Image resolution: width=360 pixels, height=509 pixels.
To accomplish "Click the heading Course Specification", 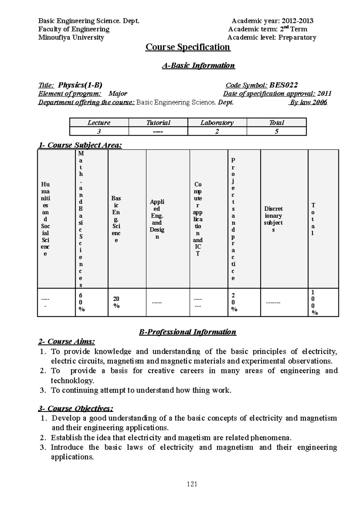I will click(188, 47).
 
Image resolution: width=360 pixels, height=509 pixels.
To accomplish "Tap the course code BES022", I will click(283, 85).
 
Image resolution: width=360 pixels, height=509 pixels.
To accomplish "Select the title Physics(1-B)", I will click(80, 85).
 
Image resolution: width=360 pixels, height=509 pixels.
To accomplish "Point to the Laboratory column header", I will click(217, 123).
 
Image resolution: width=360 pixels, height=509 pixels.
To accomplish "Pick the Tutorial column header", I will click(158, 123).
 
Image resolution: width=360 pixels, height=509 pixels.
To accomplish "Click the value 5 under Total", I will click(277, 131).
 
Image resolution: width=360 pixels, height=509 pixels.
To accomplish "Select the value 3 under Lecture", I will click(99, 131).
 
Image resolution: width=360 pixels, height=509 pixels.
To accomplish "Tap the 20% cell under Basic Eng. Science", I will click(116, 302).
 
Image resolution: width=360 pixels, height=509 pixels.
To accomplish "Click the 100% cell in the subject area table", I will click(313, 302).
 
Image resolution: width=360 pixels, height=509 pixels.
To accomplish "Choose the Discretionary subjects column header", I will click(273, 219).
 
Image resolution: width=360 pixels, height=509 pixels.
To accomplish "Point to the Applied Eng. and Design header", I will click(157, 219).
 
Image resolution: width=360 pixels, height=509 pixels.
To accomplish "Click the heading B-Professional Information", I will click(187, 332).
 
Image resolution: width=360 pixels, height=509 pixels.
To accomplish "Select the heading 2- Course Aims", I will click(67, 341).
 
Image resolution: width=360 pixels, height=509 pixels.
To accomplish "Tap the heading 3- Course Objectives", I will click(76, 409).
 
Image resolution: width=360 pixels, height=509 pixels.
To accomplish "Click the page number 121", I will click(192, 484).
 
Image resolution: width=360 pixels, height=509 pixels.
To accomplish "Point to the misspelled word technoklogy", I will click(72, 381).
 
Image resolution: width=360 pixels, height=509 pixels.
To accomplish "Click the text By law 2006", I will click(308, 102).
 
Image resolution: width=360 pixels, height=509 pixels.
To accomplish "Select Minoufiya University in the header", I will click(71, 37).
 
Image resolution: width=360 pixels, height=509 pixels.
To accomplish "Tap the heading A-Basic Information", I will click(198, 66).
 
